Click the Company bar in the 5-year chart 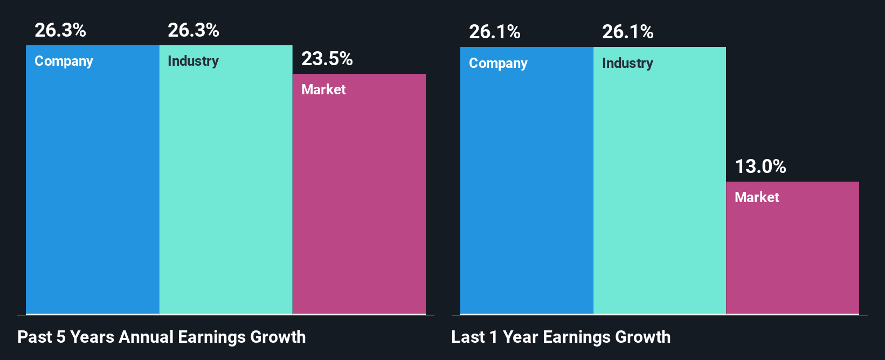point(92,183)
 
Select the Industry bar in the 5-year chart point(225,183)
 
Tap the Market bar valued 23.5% point(359,199)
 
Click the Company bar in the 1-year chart point(526,183)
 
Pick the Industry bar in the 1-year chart point(659,183)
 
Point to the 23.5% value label point(327,59)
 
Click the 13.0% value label point(760,167)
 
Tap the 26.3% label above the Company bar point(60,30)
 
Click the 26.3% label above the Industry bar point(193,30)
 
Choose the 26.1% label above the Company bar point(494,32)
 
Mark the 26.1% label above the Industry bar point(627,32)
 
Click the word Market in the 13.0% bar point(757,197)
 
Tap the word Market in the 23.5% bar point(323,89)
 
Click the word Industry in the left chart point(193,61)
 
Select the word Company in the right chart point(498,64)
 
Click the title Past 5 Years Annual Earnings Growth point(162,337)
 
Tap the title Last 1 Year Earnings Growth point(561,337)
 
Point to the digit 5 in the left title point(61,337)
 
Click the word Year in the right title point(520,337)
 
